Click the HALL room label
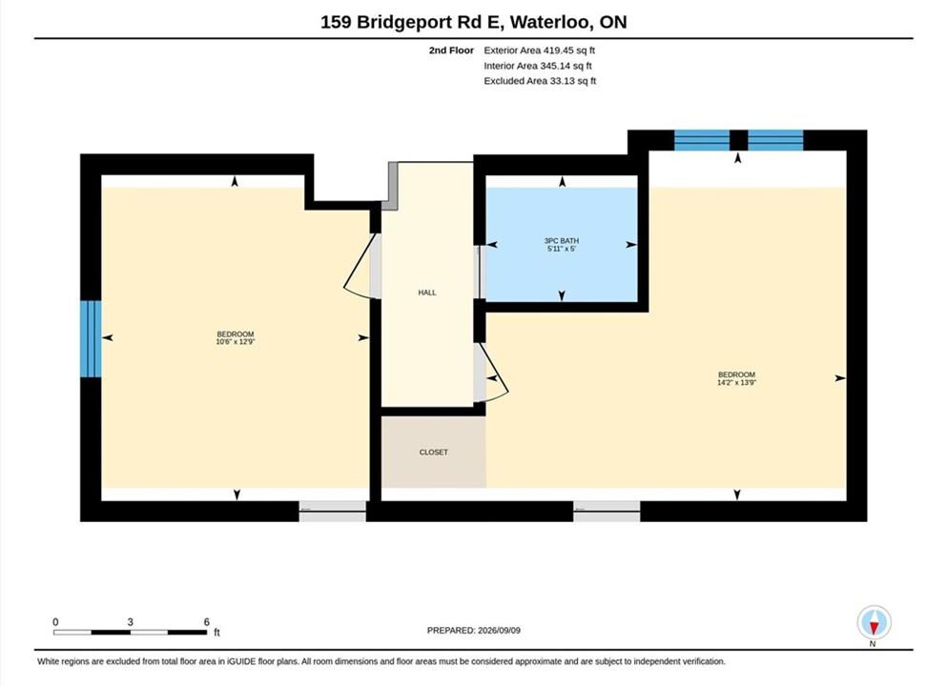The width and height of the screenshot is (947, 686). coord(427,293)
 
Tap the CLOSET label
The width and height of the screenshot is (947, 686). coord(434,452)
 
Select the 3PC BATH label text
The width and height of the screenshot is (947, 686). coord(562,241)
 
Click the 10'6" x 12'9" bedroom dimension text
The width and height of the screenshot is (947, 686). coord(236,342)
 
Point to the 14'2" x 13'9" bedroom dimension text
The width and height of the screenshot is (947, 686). coord(737,382)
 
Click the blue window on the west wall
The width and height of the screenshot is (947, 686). coord(91,339)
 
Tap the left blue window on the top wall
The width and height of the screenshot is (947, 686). coord(702,140)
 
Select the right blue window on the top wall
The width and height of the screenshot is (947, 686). coord(775,140)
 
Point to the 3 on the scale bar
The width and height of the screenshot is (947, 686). coord(130,622)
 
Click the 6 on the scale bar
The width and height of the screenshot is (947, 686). coord(207,622)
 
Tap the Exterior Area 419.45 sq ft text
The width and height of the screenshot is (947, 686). coord(540,50)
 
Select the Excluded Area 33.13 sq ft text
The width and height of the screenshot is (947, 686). coord(540,81)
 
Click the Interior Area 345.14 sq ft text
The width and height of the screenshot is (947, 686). coord(538,66)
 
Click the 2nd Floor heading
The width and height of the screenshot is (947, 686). coord(451,50)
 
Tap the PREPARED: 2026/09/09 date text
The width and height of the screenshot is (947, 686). coord(473,631)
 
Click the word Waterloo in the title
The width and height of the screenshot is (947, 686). coord(549,22)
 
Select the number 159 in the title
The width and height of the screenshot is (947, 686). coord(336,22)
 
